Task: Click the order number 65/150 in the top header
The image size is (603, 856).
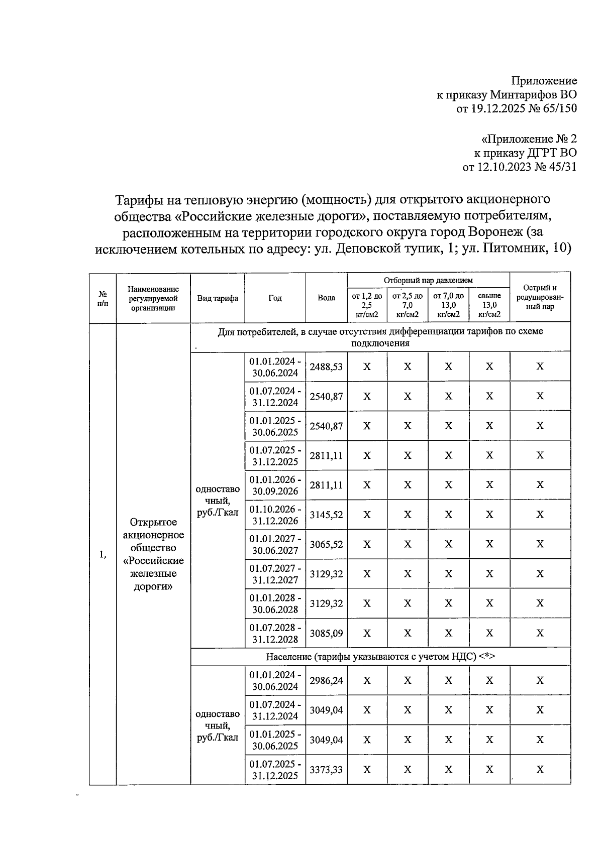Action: pyautogui.click(x=556, y=108)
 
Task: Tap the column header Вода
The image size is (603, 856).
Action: pyautogui.click(x=326, y=298)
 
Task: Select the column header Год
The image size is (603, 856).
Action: pyautogui.click(x=275, y=298)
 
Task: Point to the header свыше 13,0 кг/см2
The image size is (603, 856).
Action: pyautogui.click(x=489, y=305)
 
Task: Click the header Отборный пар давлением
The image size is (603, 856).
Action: pyautogui.click(x=428, y=280)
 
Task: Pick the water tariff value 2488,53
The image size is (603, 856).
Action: pyautogui.click(x=326, y=367)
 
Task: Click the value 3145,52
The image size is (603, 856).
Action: pyautogui.click(x=326, y=515)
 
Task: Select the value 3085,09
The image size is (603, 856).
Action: pyautogui.click(x=326, y=633)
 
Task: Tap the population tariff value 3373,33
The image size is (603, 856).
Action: pyautogui.click(x=326, y=769)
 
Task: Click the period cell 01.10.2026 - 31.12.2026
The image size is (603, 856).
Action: pyautogui.click(x=275, y=515)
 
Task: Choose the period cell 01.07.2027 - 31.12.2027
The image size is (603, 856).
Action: pyautogui.click(x=275, y=574)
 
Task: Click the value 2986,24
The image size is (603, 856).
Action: pyautogui.click(x=326, y=680)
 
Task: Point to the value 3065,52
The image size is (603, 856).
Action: pyautogui.click(x=326, y=544)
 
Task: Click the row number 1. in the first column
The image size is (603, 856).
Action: pyautogui.click(x=103, y=555)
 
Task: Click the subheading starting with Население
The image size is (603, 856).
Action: pyautogui.click(x=380, y=657)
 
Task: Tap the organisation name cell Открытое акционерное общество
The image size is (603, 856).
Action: pyautogui.click(x=153, y=554)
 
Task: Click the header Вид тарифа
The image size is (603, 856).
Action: pyautogui.click(x=217, y=298)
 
